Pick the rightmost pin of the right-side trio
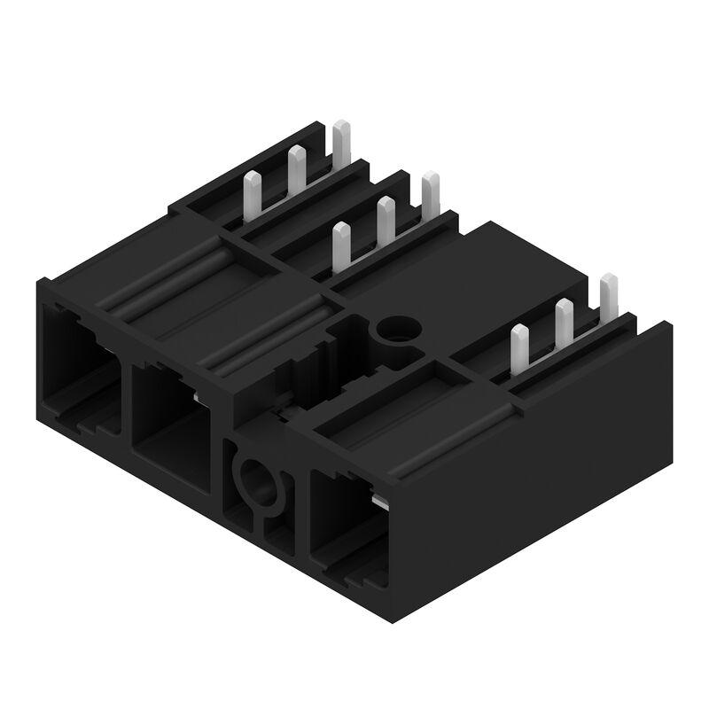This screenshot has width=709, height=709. [x=608, y=296]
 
